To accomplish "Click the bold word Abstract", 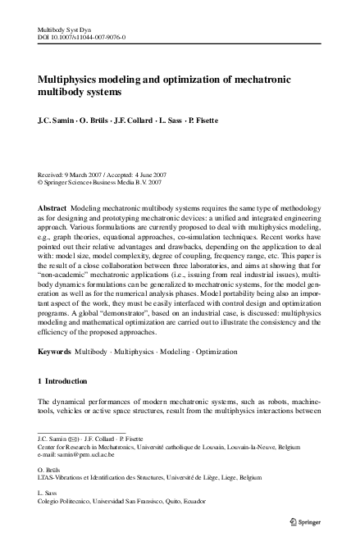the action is pos(54,209).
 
